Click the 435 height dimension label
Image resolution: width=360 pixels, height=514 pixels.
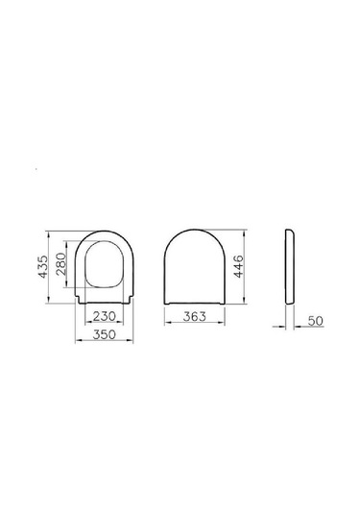43,267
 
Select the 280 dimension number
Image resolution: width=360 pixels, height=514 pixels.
60,264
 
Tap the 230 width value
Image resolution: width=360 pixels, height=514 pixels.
105,316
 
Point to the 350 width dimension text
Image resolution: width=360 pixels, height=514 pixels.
105,334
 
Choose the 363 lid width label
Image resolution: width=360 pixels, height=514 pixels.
195,316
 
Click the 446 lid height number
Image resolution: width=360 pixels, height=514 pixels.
239,266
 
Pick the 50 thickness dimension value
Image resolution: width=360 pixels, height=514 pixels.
316,321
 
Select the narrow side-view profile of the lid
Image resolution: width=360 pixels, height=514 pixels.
290,266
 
